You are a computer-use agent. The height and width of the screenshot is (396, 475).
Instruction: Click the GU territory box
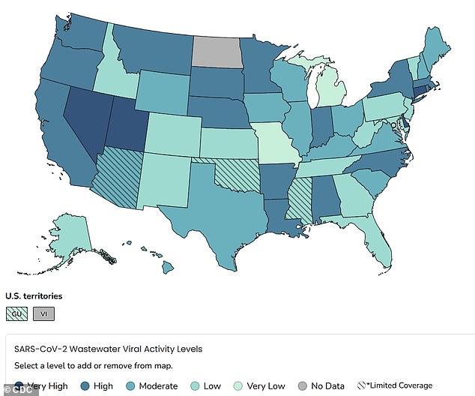[16, 314]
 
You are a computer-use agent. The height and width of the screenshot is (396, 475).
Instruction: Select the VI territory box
[43, 314]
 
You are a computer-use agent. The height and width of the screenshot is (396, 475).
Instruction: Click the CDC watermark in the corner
[12, 390]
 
